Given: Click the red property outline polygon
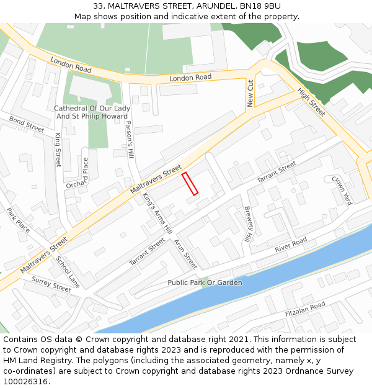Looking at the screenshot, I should [x=190, y=184].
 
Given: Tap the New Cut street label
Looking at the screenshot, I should [x=251, y=93].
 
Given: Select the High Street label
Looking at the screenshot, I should [x=311, y=102].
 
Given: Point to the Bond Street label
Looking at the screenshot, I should [x=27, y=124].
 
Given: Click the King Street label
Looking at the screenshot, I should [x=58, y=149].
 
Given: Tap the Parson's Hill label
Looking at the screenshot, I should [x=130, y=139].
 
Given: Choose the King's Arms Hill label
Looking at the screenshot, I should [x=157, y=213].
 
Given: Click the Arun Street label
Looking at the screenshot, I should [x=185, y=254].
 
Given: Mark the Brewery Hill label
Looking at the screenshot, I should [x=248, y=224].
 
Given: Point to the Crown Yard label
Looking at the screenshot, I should [x=342, y=190].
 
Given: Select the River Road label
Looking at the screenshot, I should [x=291, y=245].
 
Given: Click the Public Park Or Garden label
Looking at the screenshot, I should [x=205, y=282].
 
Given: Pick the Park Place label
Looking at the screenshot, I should [x=18, y=220].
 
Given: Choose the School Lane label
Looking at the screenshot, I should [x=68, y=272].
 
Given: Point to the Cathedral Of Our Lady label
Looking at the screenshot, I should [x=92, y=109].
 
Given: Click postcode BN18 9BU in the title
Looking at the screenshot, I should [x=258, y=6].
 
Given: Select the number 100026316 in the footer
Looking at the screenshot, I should [x=25, y=381].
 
